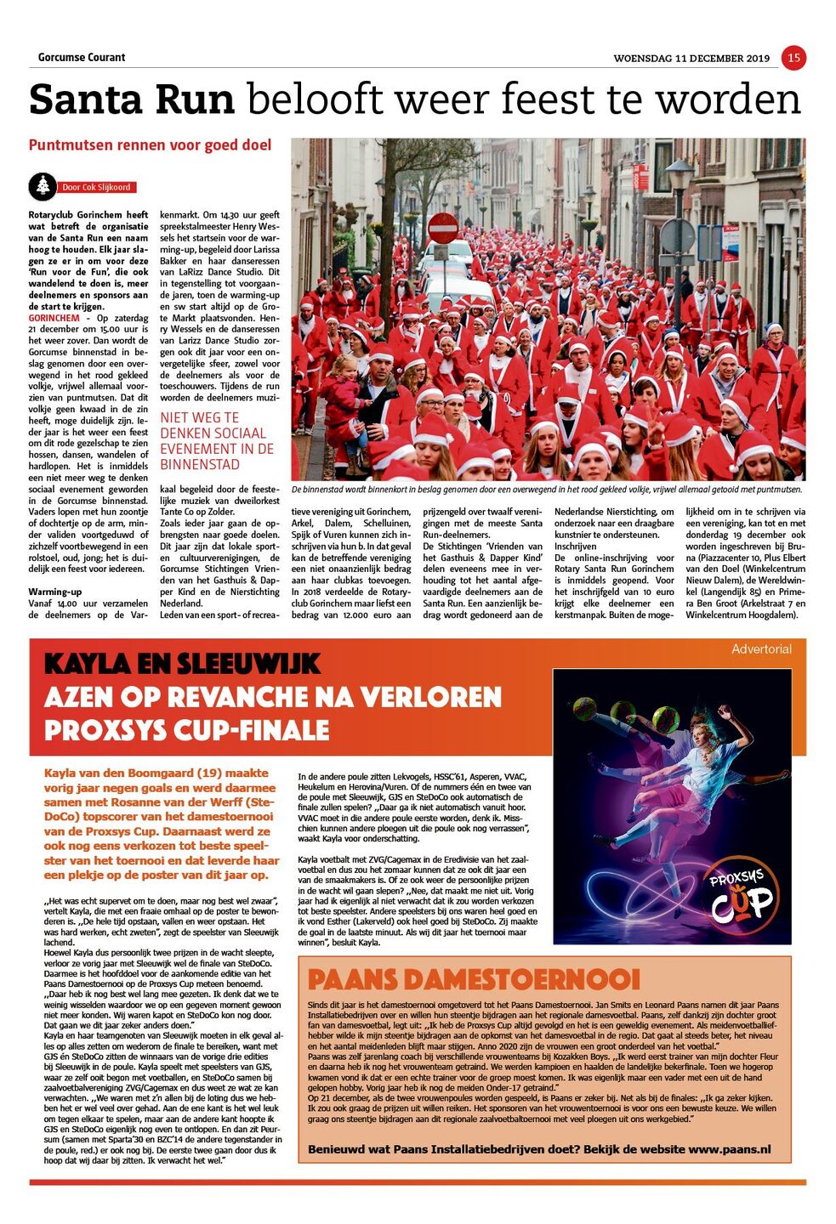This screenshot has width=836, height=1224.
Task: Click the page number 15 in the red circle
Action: pos(793,58)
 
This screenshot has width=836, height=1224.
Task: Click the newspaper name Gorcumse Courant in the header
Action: pos(82,58)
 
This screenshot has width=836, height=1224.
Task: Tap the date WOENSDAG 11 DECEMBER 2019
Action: pos(691,59)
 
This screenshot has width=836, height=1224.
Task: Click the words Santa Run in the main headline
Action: pos(132,100)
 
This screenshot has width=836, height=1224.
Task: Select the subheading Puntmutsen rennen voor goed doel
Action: pos(151,145)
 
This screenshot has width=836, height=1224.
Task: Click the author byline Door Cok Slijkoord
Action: pos(96,187)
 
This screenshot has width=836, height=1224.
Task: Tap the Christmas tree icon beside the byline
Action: pos(42,185)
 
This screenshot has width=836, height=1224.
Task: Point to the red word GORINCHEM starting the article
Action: pos(54,318)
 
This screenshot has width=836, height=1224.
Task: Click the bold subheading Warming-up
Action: pos(55,592)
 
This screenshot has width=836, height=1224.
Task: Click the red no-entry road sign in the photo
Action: pos(442,229)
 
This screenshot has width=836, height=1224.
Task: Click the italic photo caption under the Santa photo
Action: pos(546,490)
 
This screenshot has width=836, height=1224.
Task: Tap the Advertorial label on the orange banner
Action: pos(761,649)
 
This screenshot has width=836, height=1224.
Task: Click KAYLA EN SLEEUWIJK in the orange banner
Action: pos(182,664)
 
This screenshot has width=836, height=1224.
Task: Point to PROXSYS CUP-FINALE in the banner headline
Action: pos(186,730)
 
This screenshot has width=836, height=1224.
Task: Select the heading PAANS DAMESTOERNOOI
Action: pos(473,979)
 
